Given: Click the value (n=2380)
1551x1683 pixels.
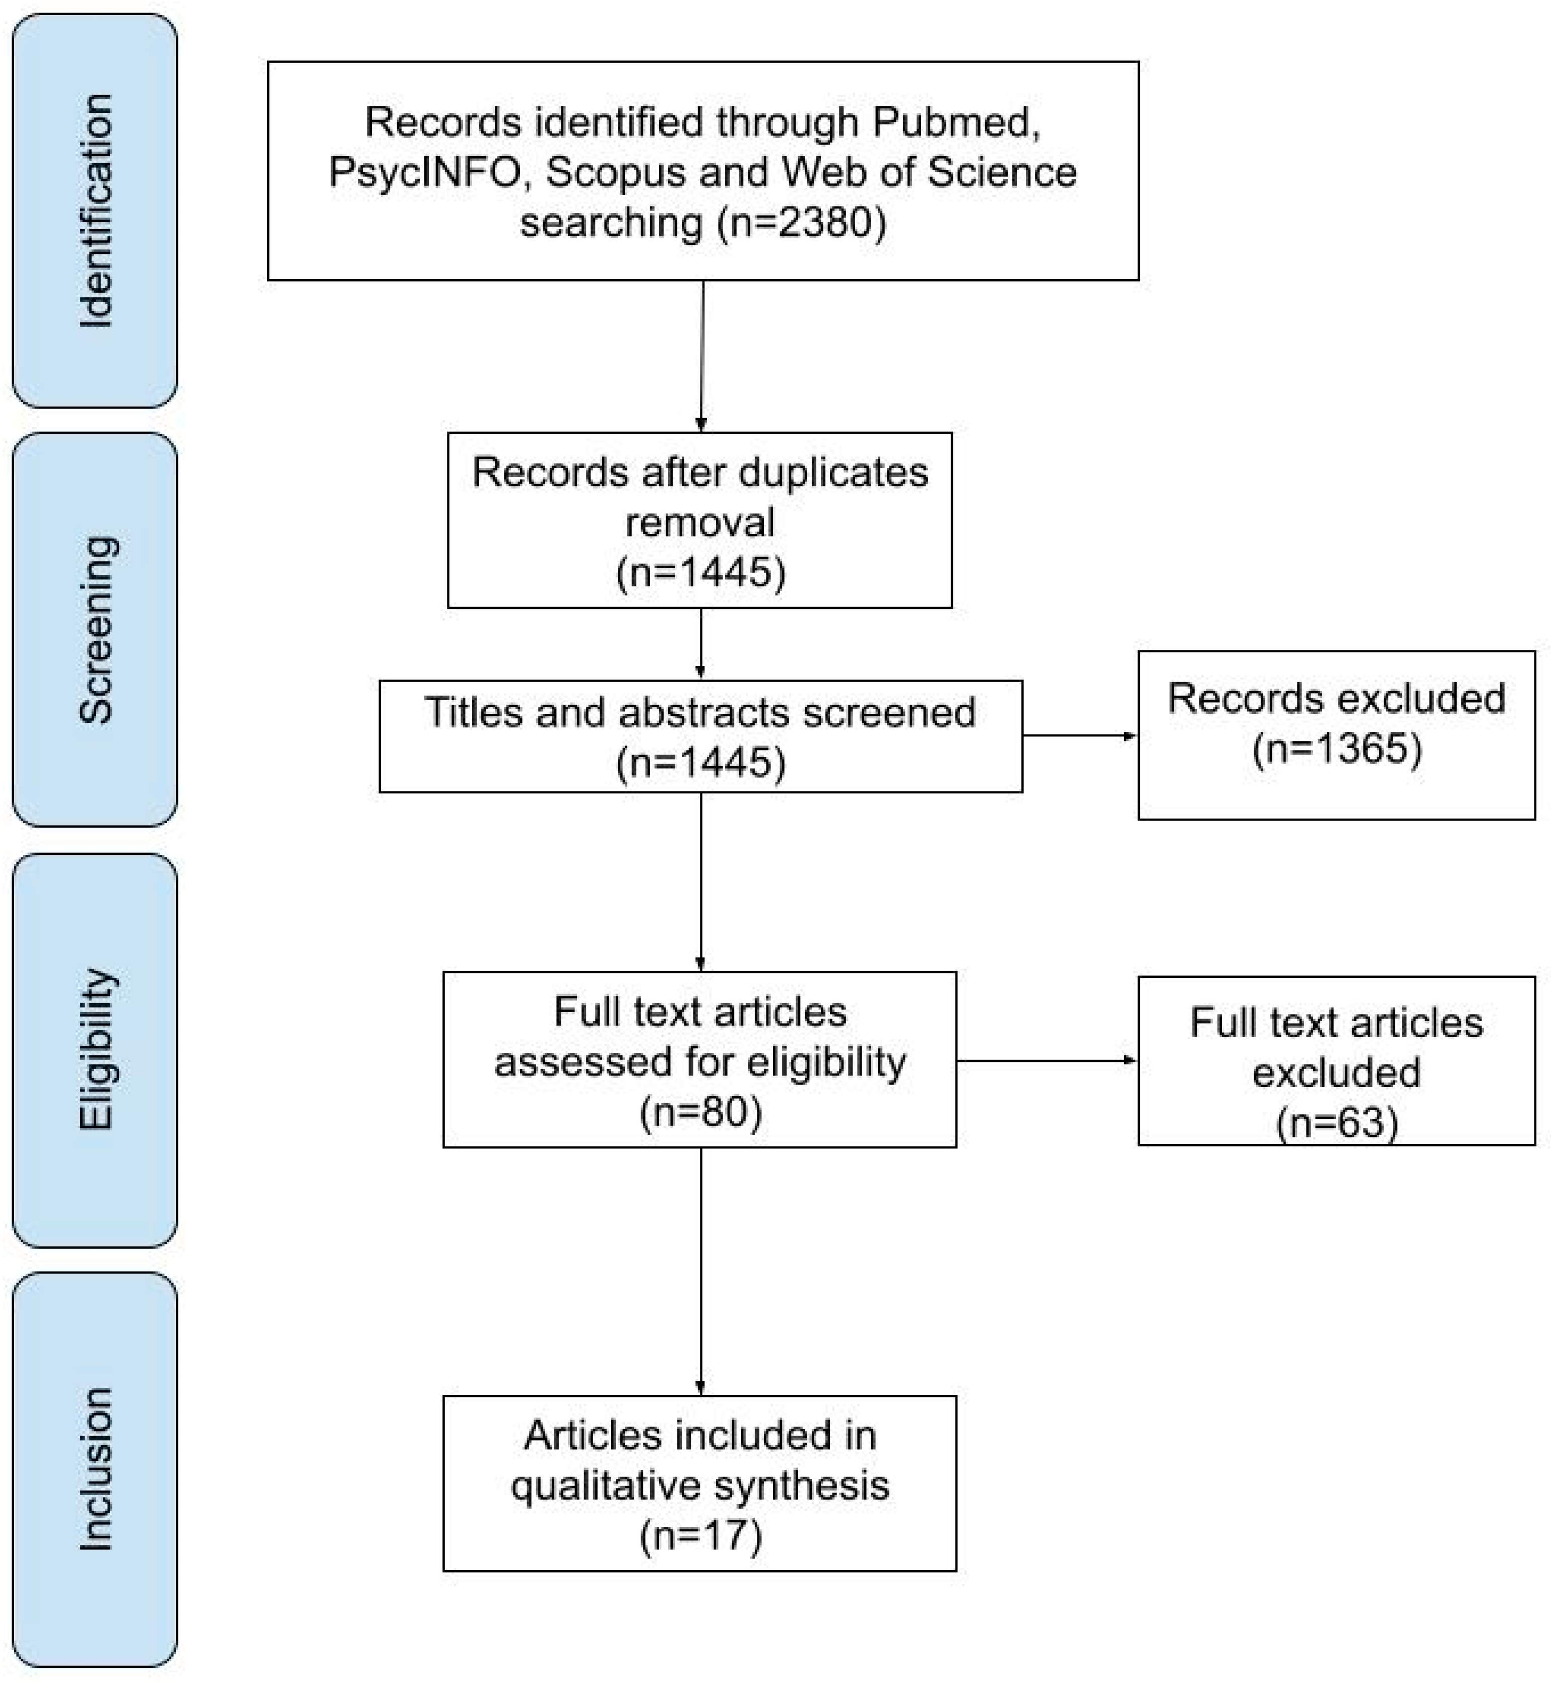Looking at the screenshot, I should click(802, 222).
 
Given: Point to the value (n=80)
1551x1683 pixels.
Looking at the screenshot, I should click(701, 1112).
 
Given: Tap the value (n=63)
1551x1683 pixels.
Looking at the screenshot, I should click(1337, 1122).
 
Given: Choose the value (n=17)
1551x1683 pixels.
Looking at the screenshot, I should click(701, 1535).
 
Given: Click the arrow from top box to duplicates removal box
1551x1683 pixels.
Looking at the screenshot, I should click(701, 357).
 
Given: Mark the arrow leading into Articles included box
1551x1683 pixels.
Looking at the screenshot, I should click(701, 1271).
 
